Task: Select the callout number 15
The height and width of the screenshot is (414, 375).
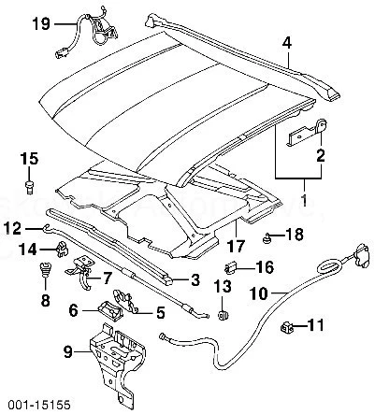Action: click(x=28, y=157)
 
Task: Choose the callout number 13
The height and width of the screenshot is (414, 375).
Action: click(x=224, y=286)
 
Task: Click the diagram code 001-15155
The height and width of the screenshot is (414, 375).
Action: click(x=31, y=404)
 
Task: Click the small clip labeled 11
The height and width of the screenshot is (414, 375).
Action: click(x=287, y=327)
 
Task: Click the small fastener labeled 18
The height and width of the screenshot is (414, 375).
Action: click(x=267, y=236)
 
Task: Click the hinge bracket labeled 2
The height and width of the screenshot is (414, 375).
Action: click(x=297, y=132)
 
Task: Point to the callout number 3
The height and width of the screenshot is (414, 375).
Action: click(x=195, y=279)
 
